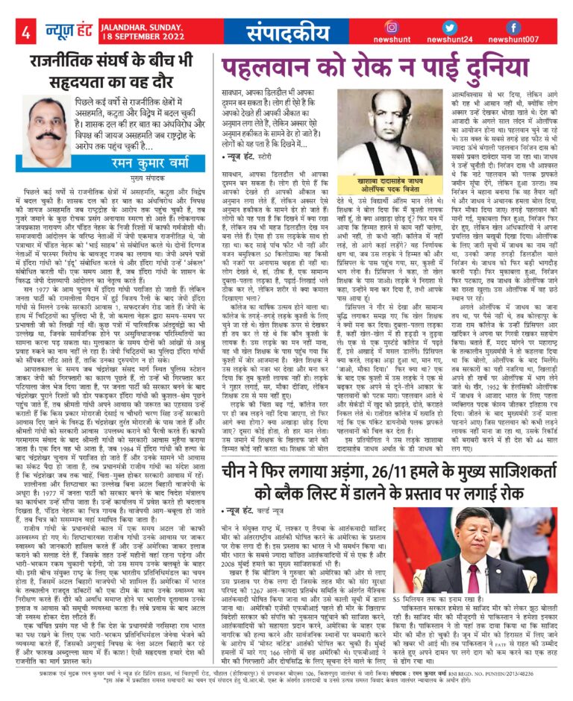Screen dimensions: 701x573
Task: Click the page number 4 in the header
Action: [25, 32]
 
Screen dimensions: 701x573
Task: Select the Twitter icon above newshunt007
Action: [523, 26]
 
